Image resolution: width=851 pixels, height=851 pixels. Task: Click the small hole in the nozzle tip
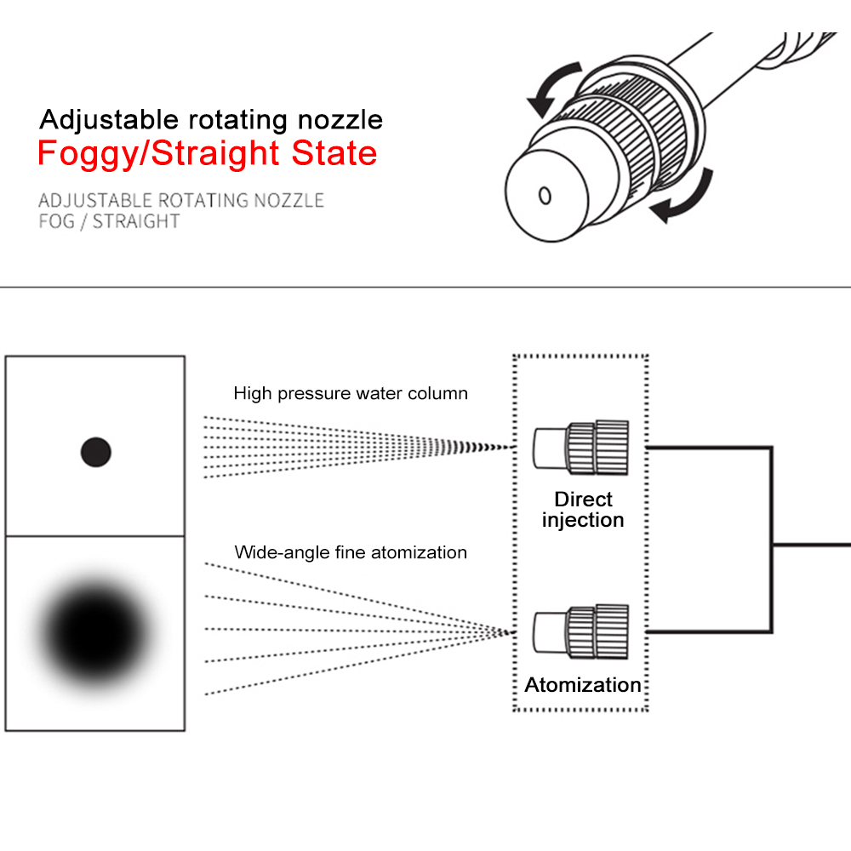(x=545, y=197)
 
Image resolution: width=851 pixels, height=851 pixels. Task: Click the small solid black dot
(x=96, y=452)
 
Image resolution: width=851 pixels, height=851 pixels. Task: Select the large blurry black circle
(x=95, y=630)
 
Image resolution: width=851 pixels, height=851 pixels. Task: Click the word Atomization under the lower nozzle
(x=583, y=685)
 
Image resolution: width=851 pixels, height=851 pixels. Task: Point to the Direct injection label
(x=583, y=510)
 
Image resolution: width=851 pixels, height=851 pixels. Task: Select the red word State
(x=334, y=154)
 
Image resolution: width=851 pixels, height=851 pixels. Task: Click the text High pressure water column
(x=351, y=394)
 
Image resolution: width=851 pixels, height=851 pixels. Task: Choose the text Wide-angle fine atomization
(x=351, y=553)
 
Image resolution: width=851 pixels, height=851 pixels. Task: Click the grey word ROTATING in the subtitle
(x=205, y=201)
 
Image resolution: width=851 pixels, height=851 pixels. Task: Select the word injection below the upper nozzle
(x=583, y=520)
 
